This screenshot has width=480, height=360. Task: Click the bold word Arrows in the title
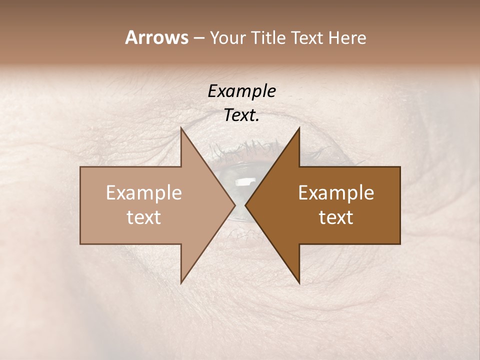[156, 37]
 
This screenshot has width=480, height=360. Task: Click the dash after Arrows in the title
[198, 38]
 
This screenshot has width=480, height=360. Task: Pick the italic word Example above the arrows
[241, 91]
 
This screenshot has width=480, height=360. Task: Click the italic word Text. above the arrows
[241, 115]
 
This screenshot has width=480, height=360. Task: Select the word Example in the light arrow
[144, 193]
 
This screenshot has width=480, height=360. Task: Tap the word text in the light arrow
[144, 217]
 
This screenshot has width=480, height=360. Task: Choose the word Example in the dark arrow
[336, 193]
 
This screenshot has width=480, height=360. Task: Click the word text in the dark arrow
[336, 217]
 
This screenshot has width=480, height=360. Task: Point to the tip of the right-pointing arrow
[234, 205]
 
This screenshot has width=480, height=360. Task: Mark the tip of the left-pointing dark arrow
[246, 205]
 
